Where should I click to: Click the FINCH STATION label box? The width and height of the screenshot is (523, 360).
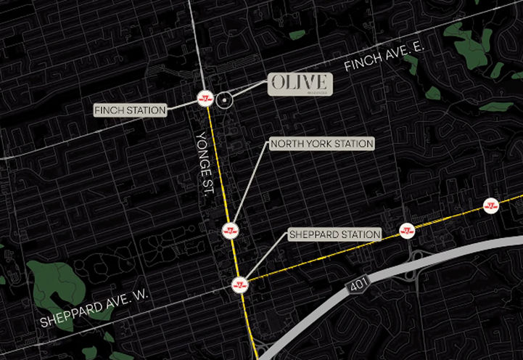coord(131,110)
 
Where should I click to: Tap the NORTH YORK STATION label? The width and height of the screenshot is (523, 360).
coord(321,144)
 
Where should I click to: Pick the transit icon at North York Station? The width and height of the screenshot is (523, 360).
coord(230,231)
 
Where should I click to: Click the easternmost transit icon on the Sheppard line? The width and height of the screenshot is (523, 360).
coord(493,205)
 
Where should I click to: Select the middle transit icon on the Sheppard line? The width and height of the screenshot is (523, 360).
coord(407,231)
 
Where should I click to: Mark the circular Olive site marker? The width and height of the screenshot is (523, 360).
coord(225,102)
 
